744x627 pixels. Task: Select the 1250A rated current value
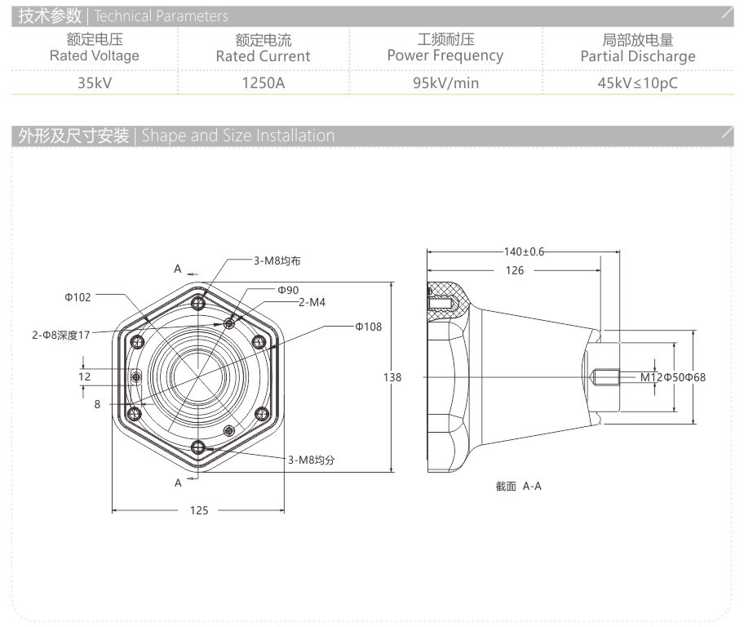point(263,82)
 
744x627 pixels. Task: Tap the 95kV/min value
point(445,82)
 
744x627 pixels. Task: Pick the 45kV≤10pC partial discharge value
point(637,82)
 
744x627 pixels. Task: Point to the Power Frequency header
point(445,56)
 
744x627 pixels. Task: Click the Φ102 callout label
point(78,297)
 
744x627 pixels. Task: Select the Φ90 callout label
point(288,290)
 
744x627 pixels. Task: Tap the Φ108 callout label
point(368,327)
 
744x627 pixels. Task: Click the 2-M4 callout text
point(312,302)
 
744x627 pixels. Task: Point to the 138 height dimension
point(392,377)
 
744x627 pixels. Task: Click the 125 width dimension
point(199,510)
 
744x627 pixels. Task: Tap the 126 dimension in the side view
point(514,270)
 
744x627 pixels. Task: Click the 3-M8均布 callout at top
point(277,260)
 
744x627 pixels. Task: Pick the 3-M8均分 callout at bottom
point(311,460)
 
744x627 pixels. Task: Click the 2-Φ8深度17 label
point(61,335)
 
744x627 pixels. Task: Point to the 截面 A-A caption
point(518,486)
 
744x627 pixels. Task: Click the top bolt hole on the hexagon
point(199,305)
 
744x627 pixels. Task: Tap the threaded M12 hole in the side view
point(604,377)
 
